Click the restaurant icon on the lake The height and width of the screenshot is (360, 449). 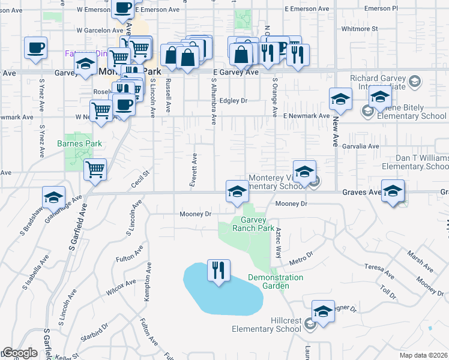218,269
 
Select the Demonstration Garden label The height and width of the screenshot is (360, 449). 276,281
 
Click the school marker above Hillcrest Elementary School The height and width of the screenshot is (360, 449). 323,311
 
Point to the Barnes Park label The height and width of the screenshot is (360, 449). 79,143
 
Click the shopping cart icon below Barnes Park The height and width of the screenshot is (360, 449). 95,170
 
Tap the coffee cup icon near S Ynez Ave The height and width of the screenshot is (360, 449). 35,48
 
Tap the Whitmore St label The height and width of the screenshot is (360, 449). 358,28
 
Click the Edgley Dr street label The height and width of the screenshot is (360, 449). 234,101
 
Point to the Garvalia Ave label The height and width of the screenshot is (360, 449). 360,146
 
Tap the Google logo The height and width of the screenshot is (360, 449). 19,353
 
